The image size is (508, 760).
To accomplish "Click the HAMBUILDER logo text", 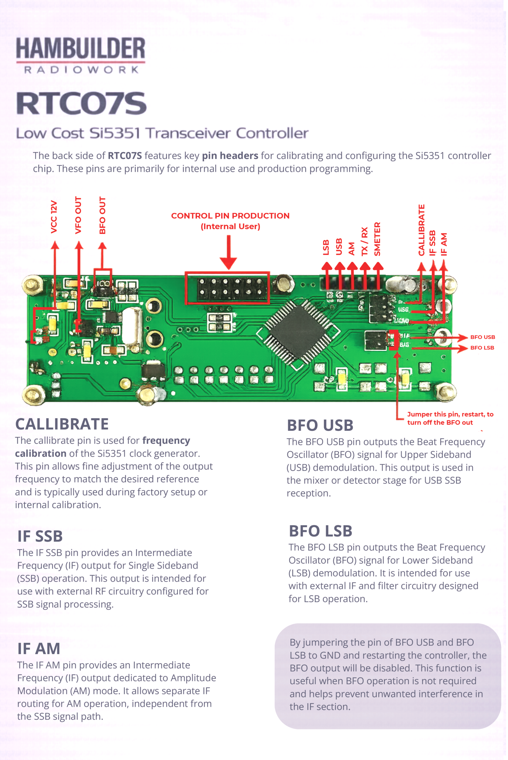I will tap(81, 49).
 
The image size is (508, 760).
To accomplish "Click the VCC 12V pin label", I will tap(54, 217).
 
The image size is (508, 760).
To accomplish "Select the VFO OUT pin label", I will tap(78, 215).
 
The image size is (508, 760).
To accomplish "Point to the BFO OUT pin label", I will tap(102, 215).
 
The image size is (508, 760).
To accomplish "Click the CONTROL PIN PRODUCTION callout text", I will tap(230, 216).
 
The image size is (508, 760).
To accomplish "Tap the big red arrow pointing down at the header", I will tap(228, 253).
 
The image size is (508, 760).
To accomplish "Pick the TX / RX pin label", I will tap(365, 241).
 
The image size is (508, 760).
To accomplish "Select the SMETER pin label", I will tap(377, 239).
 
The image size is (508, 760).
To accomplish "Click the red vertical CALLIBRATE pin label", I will tap(421, 230).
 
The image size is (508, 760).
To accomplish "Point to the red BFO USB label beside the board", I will tap(482, 337).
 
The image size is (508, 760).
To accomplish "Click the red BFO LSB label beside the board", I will tap(482, 348).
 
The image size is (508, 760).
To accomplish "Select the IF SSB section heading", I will tap(40, 536).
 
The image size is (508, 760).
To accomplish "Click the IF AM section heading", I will tap(39, 649).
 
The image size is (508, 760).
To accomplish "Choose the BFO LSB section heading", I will tap(320, 531).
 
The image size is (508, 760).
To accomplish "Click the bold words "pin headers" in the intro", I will tap(230, 156).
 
